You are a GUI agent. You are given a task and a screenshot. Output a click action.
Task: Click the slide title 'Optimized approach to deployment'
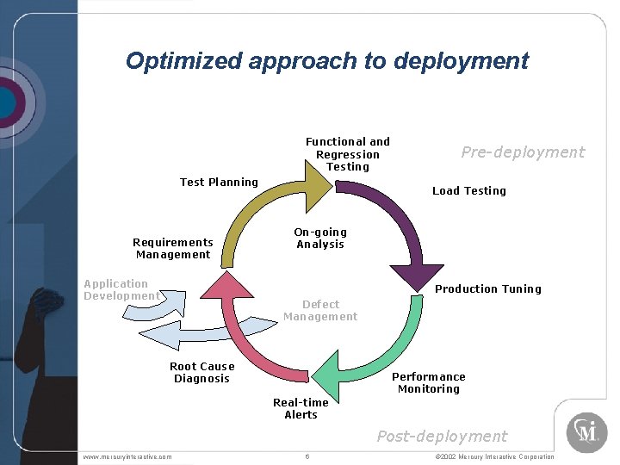coord(326,61)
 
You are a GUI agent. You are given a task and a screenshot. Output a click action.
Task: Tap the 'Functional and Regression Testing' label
coord(347,154)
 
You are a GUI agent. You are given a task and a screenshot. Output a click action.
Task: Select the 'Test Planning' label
coord(219,182)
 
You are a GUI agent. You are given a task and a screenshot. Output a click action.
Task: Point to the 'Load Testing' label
coord(468,190)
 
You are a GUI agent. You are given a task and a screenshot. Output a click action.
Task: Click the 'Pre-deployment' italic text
coord(522,152)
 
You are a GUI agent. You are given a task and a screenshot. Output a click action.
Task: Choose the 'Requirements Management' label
coord(172,248)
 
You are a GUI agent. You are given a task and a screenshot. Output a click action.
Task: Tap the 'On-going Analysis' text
coord(320,238)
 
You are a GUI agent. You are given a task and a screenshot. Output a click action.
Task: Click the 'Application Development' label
coord(120,289)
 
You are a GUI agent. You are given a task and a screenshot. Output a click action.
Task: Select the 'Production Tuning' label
coord(487,288)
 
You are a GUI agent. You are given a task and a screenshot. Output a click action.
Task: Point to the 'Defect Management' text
coord(320,310)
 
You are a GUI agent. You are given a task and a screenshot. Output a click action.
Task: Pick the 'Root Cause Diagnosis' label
coord(201,372)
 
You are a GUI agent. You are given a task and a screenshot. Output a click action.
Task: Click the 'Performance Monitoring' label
coord(428,382)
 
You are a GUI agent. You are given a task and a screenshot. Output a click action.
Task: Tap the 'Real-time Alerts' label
coord(301,408)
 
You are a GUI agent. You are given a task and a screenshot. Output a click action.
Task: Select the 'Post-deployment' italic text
coord(442,437)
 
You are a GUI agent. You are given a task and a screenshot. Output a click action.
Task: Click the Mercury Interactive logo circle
coord(586,432)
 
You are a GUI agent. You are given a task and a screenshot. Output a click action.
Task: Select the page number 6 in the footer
coord(307,456)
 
